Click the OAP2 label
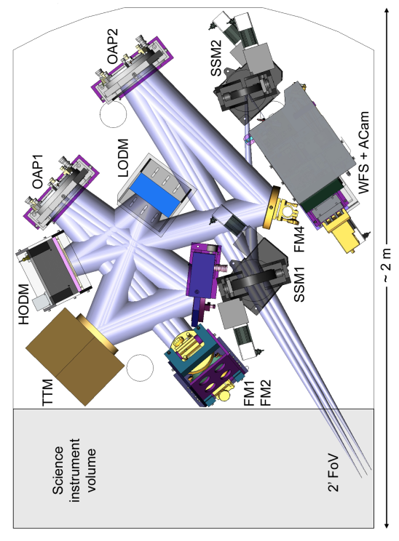[112, 47]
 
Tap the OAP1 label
[38, 172]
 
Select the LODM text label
[122, 158]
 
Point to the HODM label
[23, 304]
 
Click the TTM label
[47, 392]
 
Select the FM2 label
[265, 393]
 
